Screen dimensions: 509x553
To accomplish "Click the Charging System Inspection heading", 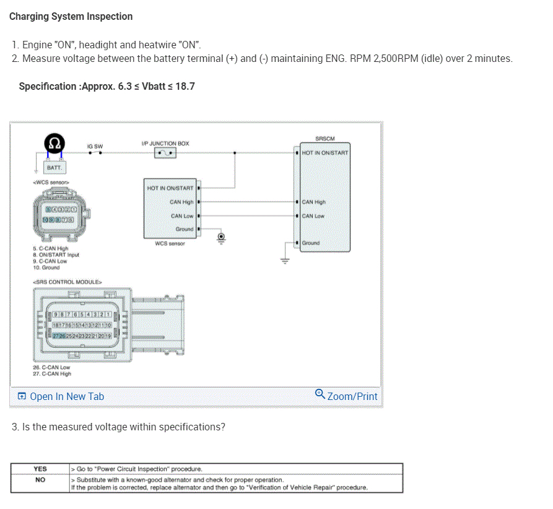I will pos(71,17).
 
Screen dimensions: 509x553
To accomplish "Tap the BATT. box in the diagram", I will pos(55,168).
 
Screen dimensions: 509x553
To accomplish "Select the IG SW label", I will pos(95,147).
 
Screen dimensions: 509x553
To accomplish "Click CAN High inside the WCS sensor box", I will pos(181,202).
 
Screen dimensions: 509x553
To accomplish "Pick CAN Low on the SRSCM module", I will pos(313,216).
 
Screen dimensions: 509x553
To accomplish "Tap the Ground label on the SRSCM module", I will pos(311,243).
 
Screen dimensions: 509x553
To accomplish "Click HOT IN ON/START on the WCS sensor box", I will pos(170,188).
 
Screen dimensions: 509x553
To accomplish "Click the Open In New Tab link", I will pos(66,396).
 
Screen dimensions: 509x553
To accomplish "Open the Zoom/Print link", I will pos(352,396).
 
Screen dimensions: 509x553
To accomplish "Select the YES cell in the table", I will pos(40,469).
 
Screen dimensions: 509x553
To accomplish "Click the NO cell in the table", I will pos(40,479).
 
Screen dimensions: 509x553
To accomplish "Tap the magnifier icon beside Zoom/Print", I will pos(320,394).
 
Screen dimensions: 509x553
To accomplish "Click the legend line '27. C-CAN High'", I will pos(51,373).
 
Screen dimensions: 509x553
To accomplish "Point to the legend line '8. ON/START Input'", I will pos(56,254).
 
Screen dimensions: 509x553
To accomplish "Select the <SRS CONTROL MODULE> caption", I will pos(66,282).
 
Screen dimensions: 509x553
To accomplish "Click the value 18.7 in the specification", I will pos(185,86).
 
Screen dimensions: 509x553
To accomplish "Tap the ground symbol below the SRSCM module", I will pos(285,261).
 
